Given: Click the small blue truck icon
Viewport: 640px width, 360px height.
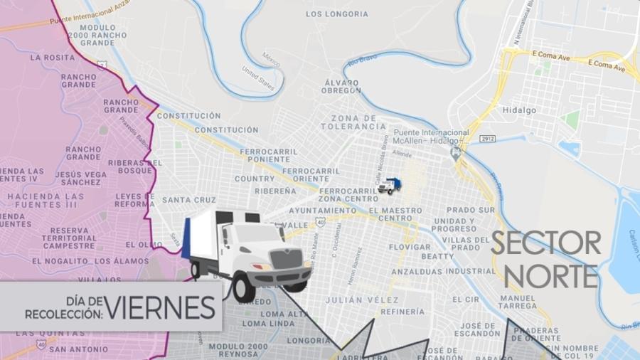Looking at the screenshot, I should pos(389,186).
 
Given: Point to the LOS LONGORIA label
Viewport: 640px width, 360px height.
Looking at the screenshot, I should pos(337,14).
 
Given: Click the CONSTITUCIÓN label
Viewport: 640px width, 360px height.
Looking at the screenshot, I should pos(188,115).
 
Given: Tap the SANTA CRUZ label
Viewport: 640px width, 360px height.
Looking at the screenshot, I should pos(188,200).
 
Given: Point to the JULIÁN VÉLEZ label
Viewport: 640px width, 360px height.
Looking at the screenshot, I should pos(355,300).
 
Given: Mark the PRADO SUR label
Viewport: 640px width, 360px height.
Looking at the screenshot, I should pos(470,211).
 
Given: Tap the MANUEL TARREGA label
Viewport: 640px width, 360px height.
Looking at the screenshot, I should pos(518,302).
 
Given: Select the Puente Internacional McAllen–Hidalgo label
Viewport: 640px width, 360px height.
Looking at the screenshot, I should pos(431,137).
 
